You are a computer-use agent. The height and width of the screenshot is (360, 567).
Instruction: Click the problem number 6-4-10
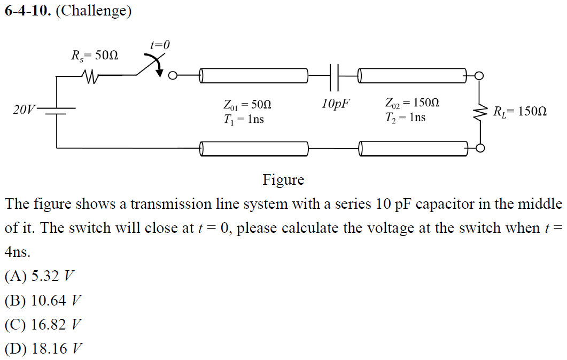[28, 11]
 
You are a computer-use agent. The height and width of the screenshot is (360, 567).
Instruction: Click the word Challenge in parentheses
[94, 11]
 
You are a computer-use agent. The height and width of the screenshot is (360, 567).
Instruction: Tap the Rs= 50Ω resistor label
[95, 55]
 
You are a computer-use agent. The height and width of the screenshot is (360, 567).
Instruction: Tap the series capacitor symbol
[335, 76]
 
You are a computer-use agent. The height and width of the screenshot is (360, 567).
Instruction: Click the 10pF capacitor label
[336, 103]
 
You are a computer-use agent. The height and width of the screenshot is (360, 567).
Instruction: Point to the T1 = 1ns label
[244, 119]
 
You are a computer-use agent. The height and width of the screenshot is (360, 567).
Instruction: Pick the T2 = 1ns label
[405, 118]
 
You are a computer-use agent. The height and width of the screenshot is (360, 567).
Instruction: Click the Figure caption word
[283, 180]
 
